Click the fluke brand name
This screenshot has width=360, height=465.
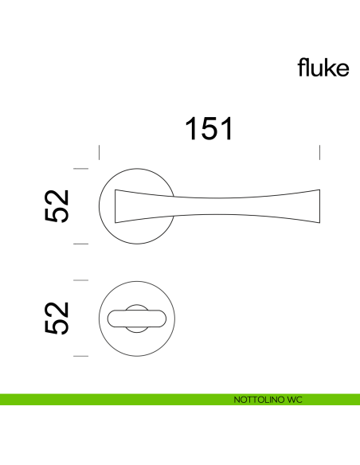(x=323, y=68)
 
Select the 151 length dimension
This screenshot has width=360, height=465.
(x=209, y=128)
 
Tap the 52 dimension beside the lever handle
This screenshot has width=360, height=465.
(x=58, y=206)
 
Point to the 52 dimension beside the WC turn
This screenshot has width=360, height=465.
(x=58, y=318)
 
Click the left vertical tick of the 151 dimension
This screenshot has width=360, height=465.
(x=98, y=153)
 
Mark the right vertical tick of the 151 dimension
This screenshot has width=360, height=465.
(x=319, y=153)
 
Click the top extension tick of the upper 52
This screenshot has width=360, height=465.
(x=80, y=169)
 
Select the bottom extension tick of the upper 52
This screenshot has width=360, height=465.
(x=80, y=244)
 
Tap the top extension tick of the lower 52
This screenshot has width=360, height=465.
(x=80, y=280)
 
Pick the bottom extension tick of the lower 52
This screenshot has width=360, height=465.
(x=80, y=356)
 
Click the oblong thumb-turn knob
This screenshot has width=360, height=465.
(x=135, y=318)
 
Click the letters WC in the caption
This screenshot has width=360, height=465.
(x=294, y=399)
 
